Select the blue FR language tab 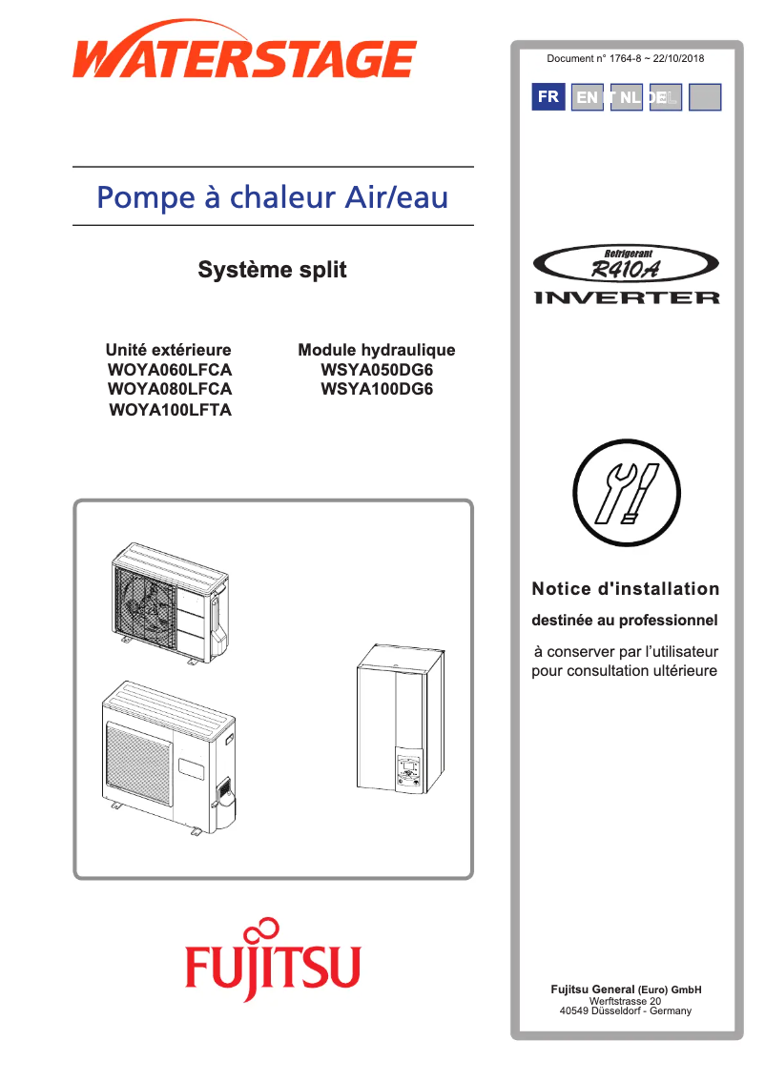(x=548, y=97)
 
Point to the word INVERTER (x=627, y=298)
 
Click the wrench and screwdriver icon (x=625, y=497)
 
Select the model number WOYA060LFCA (x=170, y=370)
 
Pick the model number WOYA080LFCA (x=170, y=390)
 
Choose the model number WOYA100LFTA (x=170, y=411)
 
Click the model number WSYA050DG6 (x=377, y=370)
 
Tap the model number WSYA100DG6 (x=377, y=390)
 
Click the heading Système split (x=272, y=271)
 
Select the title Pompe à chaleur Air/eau (x=273, y=197)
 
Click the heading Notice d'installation (x=625, y=589)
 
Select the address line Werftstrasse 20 (x=625, y=1001)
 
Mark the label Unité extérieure (x=168, y=350)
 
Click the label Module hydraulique (x=377, y=350)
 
